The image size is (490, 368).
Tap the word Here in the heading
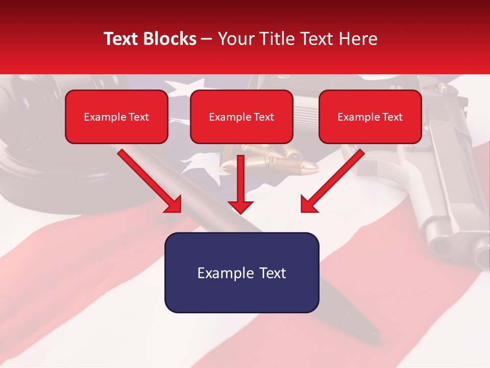(359, 39)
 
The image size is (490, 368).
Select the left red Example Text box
(116, 117)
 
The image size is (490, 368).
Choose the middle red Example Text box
(241, 117)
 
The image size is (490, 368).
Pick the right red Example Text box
(370, 117)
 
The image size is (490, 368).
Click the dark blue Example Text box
(241, 272)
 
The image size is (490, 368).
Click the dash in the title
(207, 39)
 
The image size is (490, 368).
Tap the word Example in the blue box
(222, 273)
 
